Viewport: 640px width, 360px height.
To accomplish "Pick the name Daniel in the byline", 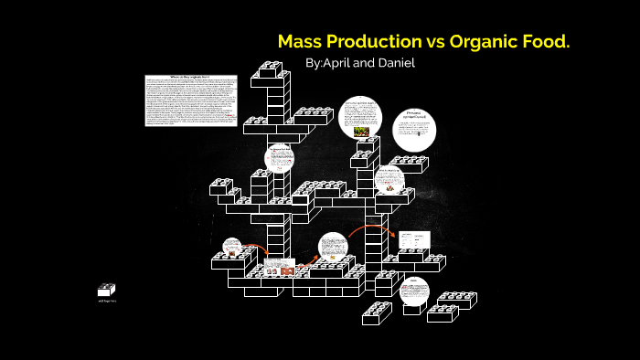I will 396,64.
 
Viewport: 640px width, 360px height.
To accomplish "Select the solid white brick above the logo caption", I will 106,291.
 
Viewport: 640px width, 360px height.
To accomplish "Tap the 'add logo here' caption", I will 107,301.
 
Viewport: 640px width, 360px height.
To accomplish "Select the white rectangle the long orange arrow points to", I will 414,238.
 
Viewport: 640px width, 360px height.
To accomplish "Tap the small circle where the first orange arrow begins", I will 231,246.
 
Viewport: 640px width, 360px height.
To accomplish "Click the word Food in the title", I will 552,42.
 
